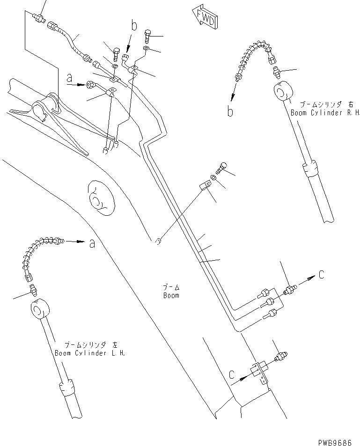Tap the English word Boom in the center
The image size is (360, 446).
(171, 295)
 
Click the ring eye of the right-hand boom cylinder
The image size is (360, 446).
(283, 90)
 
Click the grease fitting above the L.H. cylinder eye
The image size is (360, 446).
(32, 290)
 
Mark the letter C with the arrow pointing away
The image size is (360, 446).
(321, 276)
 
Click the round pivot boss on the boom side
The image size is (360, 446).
(99, 197)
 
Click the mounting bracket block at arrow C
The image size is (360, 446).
(259, 370)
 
